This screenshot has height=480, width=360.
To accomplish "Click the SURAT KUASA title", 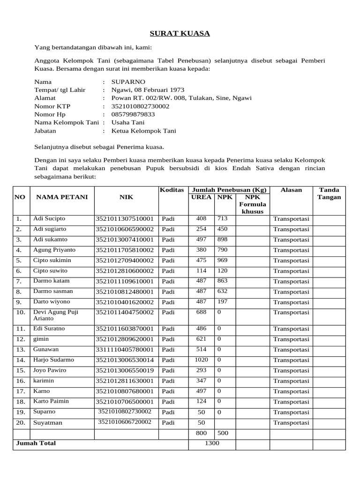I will pyautogui.click(x=180, y=33).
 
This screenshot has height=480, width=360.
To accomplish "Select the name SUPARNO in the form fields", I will pyautogui.click(x=125, y=82).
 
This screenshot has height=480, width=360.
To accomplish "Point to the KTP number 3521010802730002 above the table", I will pyautogui.click(x=140, y=106).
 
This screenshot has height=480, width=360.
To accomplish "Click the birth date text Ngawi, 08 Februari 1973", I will pyautogui.click(x=148, y=90).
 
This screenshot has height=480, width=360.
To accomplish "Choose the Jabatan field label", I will pyautogui.click(x=45, y=131).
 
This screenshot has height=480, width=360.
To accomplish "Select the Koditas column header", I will pyautogui.click(x=172, y=190).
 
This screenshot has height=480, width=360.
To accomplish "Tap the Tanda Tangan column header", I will pyautogui.click(x=329, y=194).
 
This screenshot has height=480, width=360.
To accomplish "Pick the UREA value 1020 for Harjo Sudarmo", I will pyautogui.click(x=201, y=360).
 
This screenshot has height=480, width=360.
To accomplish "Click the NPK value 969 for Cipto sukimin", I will pyautogui.click(x=222, y=260).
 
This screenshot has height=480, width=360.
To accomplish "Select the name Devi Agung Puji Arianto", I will pyautogui.click(x=55, y=315).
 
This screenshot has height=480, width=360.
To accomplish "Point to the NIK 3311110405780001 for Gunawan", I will pyautogui.click(x=125, y=350).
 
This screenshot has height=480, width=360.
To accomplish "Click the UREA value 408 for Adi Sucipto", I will pyautogui.click(x=201, y=218).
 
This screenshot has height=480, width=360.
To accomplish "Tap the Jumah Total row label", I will pyautogui.click(x=36, y=443).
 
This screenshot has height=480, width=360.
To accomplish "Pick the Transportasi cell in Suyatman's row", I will pyautogui.click(x=291, y=423).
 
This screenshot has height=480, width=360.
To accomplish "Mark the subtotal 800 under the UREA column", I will pyautogui.click(x=201, y=433).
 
